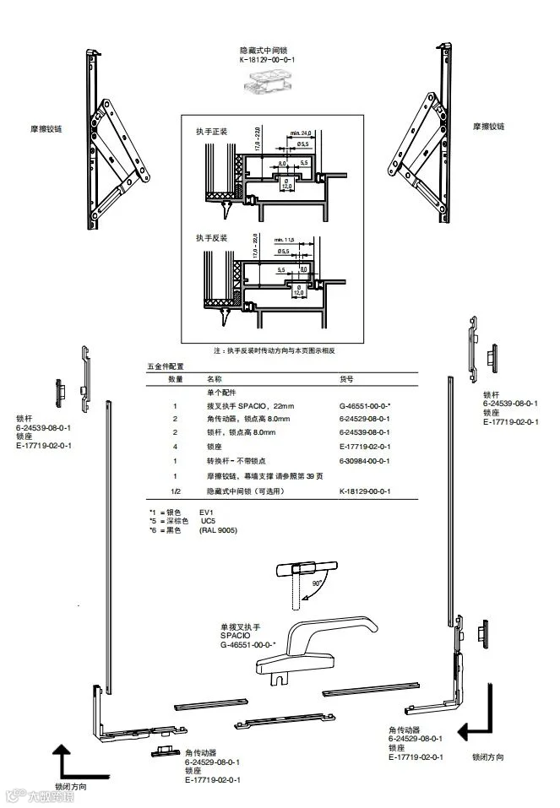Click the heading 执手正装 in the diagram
[x=211, y=133]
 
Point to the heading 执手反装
[x=211, y=237]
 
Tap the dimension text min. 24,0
[x=301, y=133]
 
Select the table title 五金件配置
[x=165, y=366]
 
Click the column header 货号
[x=345, y=380]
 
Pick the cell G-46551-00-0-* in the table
[x=364, y=407]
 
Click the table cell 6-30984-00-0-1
[x=364, y=461]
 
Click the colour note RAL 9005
[x=218, y=529]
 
